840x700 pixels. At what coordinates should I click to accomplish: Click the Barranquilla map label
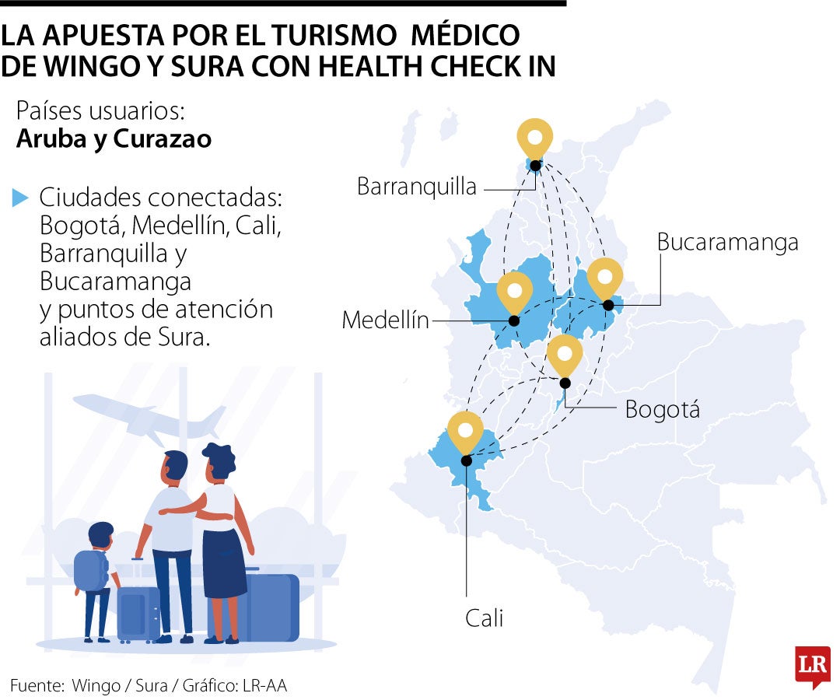(x=417, y=187)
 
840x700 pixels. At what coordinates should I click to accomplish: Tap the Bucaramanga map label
(x=727, y=242)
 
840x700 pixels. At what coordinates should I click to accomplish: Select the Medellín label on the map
(x=386, y=320)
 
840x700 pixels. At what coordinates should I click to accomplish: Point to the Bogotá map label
(x=662, y=409)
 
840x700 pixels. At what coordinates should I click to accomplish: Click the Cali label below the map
(x=485, y=618)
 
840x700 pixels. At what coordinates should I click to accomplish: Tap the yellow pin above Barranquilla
(x=535, y=139)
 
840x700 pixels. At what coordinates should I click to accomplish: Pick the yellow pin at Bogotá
(x=565, y=355)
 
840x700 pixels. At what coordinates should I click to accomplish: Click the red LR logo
(x=813, y=665)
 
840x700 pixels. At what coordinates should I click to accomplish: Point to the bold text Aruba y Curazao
(x=114, y=139)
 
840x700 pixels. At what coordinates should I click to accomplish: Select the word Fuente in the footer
(x=36, y=686)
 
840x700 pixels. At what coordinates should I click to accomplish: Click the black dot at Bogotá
(x=565, y=383)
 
